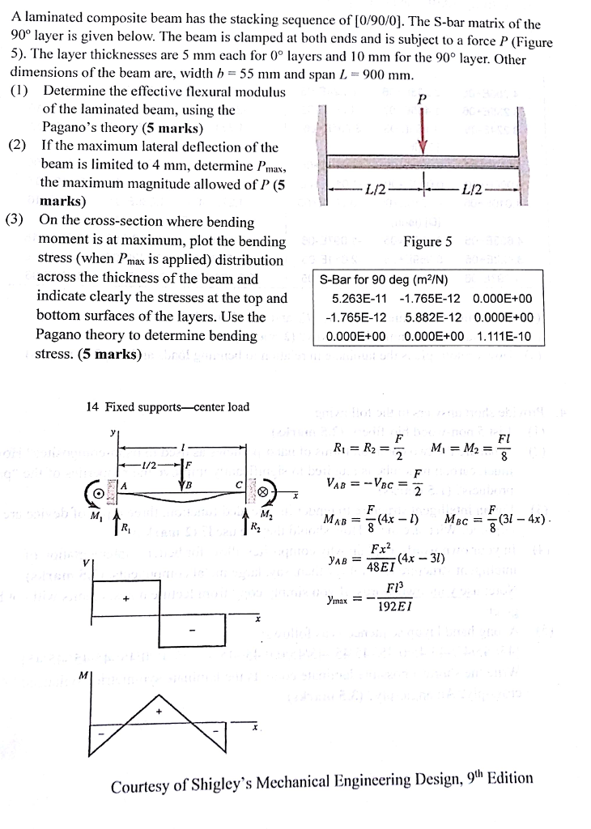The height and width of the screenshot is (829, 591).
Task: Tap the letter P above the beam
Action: pos(420,99)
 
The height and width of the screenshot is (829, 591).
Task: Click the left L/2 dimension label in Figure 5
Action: pos(376,189)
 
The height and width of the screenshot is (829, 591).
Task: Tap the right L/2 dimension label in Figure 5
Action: pos(470,189)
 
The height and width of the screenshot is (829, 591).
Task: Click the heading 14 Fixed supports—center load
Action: pos(168,406)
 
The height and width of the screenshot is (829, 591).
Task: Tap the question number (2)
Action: pos(19,147)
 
